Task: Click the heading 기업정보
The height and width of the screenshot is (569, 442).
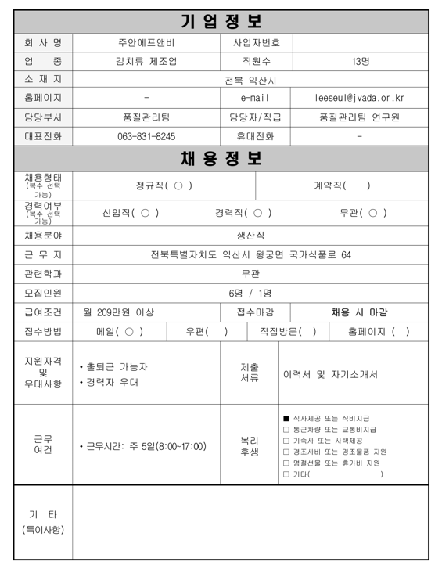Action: [x=221, y=21]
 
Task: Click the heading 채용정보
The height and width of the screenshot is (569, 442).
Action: [x=221, y=158]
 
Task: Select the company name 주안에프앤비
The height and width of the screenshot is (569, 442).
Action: [x=146, y=42]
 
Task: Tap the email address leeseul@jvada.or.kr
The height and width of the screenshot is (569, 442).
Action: [x=359, y=98]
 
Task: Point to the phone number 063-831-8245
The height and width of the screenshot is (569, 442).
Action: [x=146, y=136]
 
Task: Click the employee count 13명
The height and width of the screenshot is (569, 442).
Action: [x=361, y=61]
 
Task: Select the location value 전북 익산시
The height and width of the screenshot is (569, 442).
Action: [x=250, y=80]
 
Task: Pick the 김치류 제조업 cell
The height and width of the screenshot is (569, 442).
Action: [x=146, y=61]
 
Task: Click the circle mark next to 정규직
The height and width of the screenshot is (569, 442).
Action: [x=178, y=186]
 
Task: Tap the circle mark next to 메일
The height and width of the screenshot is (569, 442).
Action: [x=129, y=332]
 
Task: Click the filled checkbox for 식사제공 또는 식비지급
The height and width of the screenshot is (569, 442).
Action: [x=286, y=418]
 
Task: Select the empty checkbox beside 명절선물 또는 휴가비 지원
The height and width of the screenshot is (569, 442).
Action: [x=286, y=463]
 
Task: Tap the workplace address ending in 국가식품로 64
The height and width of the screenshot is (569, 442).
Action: [x=250, y=254]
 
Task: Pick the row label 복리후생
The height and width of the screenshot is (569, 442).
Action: [x=249, y=446]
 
